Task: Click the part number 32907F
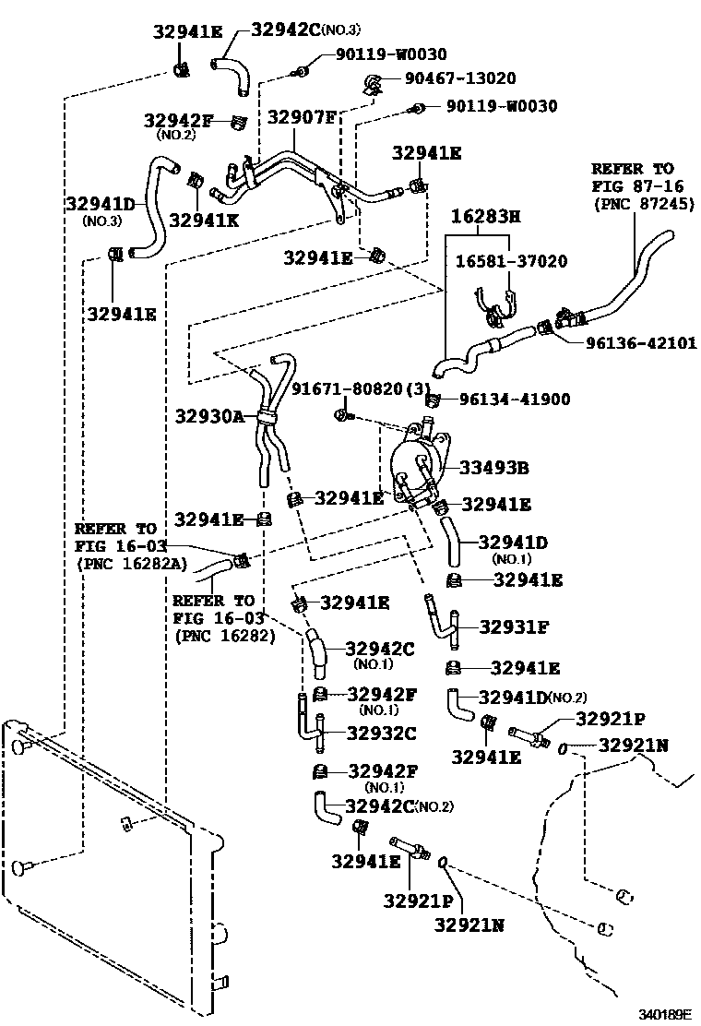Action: point(302,117)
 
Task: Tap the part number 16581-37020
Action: point(512,262)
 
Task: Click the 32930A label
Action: point(208,416)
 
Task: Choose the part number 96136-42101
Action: point(641,342)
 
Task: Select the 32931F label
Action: point(514,627)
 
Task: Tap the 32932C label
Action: point(381,734)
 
